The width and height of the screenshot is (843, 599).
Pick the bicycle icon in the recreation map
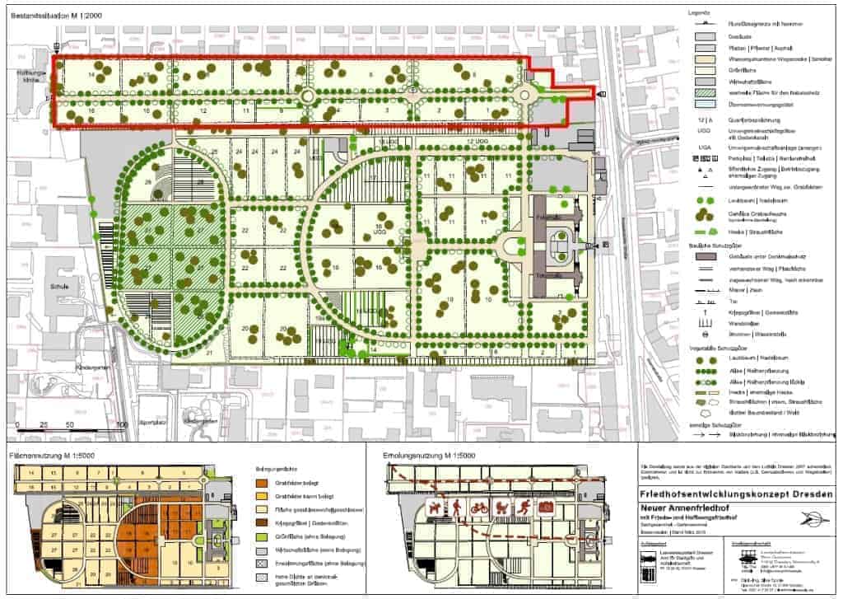(x=477, y=507)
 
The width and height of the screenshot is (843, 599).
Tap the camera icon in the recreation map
(x=543, y=507)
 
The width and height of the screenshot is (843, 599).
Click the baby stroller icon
(x=499, y=507)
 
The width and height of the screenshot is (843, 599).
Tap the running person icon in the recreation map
(x=521, y=507)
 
